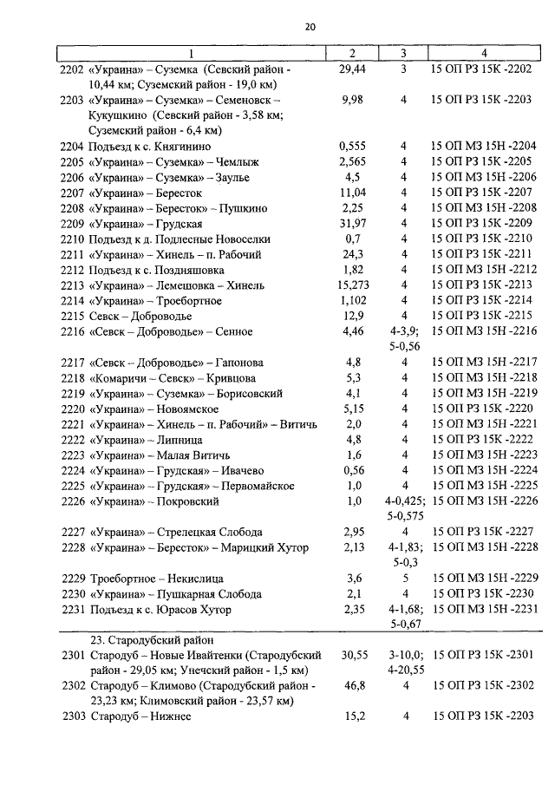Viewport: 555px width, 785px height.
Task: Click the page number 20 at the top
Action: tap(310, 28)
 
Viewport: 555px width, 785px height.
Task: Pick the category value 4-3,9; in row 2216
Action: tap(404, 331)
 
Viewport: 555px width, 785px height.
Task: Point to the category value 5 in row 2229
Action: tap(404, 579)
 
